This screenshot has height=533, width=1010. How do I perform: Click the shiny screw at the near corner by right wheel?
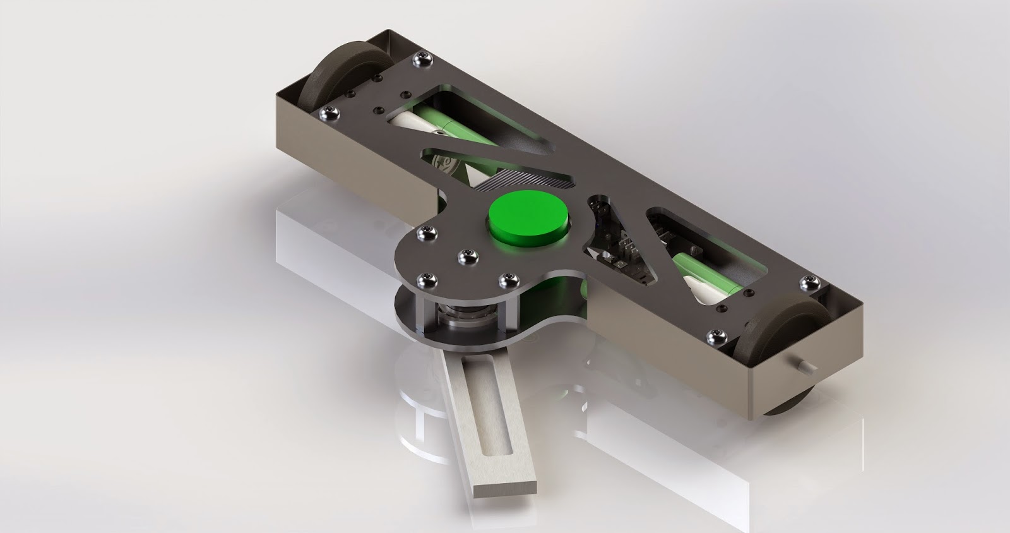pos(716,335)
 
